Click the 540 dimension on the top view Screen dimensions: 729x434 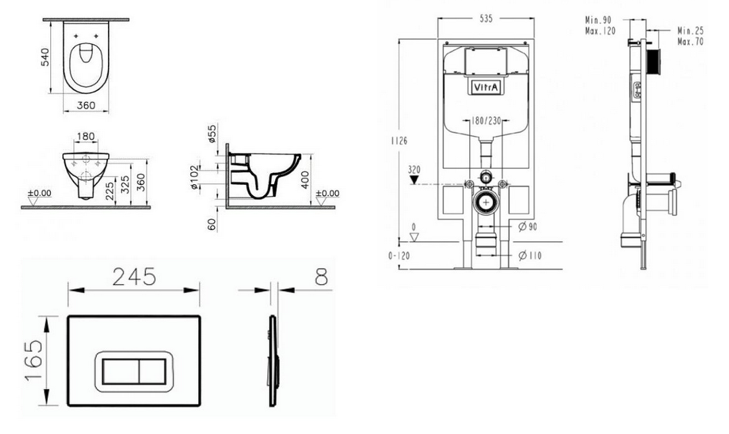click(x=45, y=56)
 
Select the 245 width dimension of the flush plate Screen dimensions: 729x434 click(x=134, y=278)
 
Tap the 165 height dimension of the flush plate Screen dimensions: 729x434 click(x=34, y=360)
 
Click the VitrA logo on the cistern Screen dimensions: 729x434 click(x=486, y=87)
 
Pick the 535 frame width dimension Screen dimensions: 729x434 click(x=485, y=19)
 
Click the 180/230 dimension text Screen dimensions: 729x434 click(x=486, y=121)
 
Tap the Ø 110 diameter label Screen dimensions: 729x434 click(x=530, y=255)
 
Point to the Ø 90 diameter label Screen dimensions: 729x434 click(x=528, y=227)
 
